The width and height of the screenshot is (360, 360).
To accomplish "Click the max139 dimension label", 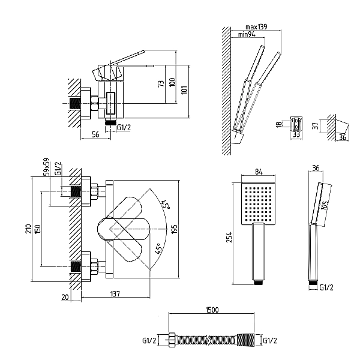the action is (256, 27).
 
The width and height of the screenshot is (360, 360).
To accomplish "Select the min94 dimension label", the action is (247, 34).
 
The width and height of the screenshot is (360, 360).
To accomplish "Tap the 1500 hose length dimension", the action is (212, 310).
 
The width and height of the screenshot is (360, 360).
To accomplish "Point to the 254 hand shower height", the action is (229, 237).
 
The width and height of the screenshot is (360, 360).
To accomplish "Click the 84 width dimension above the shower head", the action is (259, 172).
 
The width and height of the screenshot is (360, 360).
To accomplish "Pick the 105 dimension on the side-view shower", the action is (325, 205).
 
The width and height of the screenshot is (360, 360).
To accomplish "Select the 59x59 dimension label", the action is (46, 167).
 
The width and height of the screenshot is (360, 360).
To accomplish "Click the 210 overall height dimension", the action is (28, 229).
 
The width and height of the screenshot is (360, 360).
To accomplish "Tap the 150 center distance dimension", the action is (37, 229).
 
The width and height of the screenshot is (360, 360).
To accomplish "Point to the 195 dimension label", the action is (175, 229).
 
